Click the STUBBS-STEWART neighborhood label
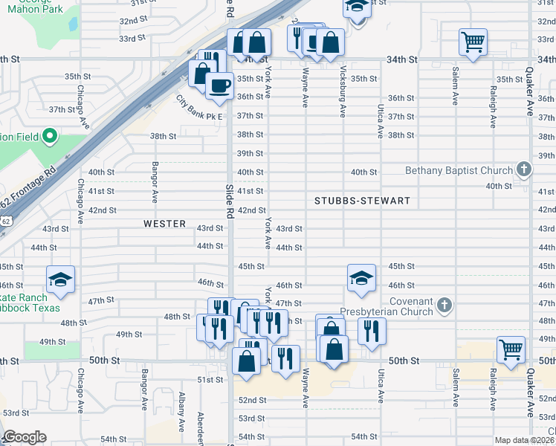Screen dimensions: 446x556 (362, 201)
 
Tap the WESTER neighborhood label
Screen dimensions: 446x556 (164, 223)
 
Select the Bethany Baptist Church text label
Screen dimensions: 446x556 (459, 170)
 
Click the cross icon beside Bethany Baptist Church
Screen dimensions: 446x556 (523, 170)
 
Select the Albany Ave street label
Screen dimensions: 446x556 (181, 413)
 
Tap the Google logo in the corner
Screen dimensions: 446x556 (25, 437)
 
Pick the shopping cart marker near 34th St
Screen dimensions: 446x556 (473, 42)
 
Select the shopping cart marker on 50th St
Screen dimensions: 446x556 (511, 349)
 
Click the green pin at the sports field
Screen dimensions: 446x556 (49, 136)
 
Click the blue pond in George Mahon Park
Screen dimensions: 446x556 (74, 24)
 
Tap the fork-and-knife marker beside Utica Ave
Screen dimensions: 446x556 (371, 331)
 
